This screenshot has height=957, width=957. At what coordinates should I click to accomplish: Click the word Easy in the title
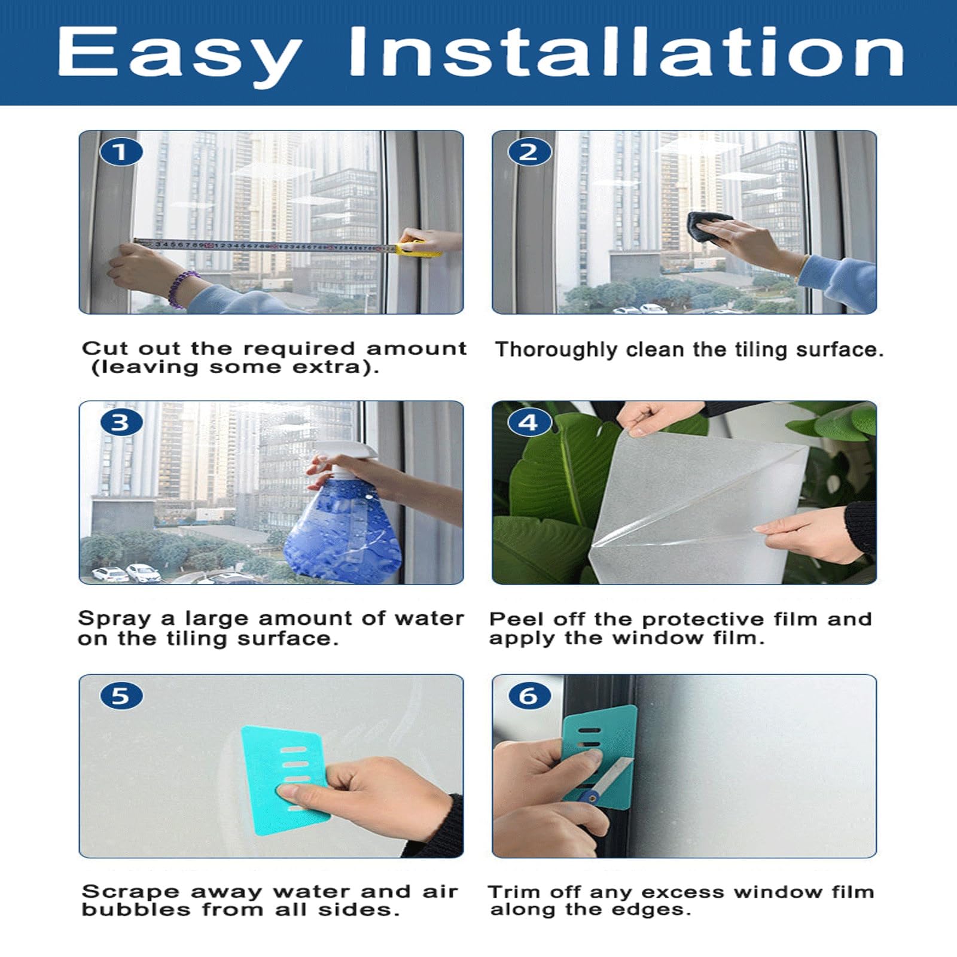(179, 56)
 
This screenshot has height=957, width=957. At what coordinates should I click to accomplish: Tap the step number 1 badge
(121, 152)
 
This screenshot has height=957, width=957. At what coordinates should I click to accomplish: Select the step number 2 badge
(529, 152)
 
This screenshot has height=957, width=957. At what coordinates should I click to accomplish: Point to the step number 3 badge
(121, 423)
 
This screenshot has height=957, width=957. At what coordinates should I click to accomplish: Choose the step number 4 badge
(529, 423)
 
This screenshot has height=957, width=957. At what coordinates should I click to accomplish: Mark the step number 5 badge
(121, 696)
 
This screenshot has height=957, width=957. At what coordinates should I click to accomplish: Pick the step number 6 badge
(529, 696)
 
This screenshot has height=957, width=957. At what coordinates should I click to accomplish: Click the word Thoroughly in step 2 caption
(556, 350)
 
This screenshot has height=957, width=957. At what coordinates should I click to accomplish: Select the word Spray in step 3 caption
(114, 619)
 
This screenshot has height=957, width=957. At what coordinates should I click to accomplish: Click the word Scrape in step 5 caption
(130, 892)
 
